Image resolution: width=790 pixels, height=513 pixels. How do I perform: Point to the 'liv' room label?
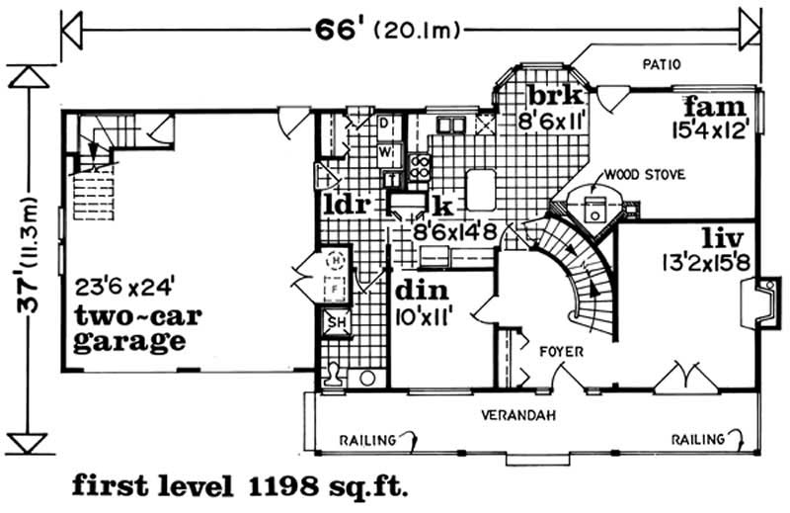point(719,239)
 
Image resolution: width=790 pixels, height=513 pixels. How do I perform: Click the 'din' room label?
point(423,293)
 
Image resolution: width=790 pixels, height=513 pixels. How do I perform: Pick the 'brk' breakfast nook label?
point(555,97)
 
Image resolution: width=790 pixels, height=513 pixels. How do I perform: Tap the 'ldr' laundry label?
point(346,206)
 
